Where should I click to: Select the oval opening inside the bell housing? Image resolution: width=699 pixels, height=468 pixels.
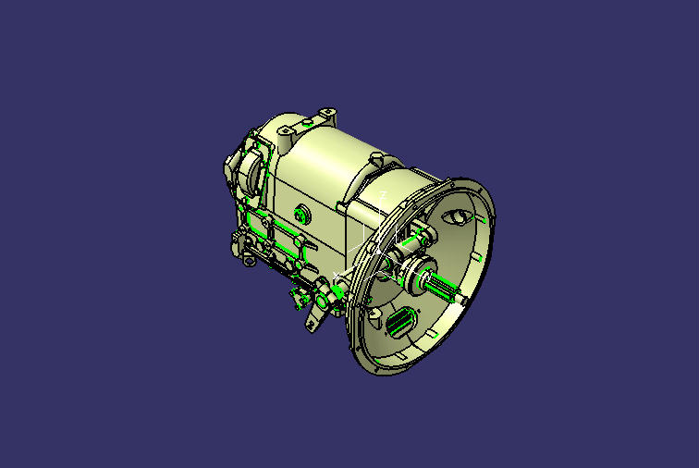click(457, 217)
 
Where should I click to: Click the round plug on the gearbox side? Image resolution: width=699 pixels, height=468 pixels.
click(299, 215)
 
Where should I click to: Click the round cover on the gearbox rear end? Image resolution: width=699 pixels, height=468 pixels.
click(243, 172)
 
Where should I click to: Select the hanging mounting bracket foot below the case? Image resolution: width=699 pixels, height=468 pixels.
click(312, 323)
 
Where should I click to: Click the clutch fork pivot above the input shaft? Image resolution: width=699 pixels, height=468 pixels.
click(418, 237)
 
